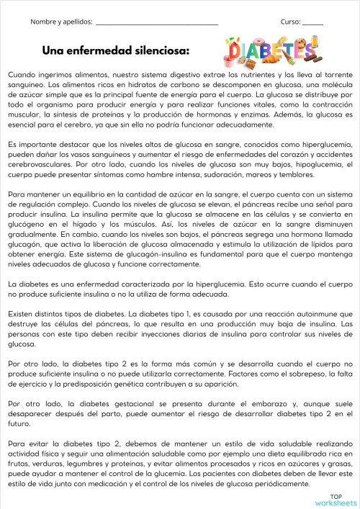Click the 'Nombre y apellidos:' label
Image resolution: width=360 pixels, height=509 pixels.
point(62,22)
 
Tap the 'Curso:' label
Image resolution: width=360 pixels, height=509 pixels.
point(290,22)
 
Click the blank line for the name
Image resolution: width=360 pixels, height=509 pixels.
point(156,24)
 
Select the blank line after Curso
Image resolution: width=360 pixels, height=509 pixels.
point(312,24)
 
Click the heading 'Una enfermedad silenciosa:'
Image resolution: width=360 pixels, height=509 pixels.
point(116,50)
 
